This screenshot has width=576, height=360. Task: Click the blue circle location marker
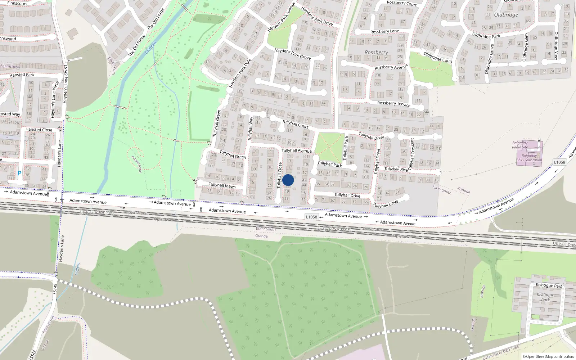(x=288, y=180)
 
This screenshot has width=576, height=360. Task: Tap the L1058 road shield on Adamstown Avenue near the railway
(x=311, y=217)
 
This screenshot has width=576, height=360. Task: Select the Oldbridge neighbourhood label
(x=506, y=15)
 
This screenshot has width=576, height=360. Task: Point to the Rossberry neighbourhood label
(x=376, y=52)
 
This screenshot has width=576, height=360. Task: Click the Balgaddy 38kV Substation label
(x=529, y=158)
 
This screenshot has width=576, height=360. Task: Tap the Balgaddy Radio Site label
(x=520, y=145)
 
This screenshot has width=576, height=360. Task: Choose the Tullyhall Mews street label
(x=222, y=185)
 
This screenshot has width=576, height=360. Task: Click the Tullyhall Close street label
(x=280, y=175)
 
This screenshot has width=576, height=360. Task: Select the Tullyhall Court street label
(x=295, y=124)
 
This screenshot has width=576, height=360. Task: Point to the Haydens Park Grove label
(x=292, y=54)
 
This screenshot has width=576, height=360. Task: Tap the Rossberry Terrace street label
(x=393, y=104)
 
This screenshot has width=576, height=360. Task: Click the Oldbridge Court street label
(x=438, y=57)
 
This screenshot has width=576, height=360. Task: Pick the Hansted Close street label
(x=39, y=130)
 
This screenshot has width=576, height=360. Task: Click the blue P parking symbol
(x=19, y=174)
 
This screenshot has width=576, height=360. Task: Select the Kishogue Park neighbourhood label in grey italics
(x=545, y=297)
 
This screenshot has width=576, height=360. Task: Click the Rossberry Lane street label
(x=384, y=32)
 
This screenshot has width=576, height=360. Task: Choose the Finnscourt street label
(x=17, y=3)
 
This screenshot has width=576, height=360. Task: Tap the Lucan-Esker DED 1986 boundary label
(x=501, y=352)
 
